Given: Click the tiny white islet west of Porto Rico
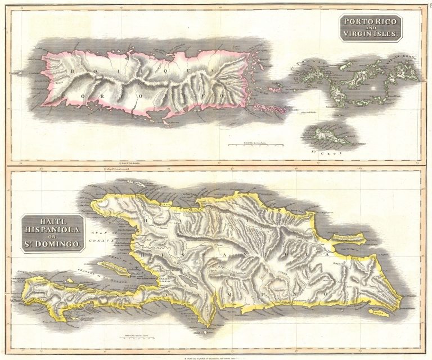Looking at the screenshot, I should point(21,73).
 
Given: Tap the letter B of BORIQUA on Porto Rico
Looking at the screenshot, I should point(71,70).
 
